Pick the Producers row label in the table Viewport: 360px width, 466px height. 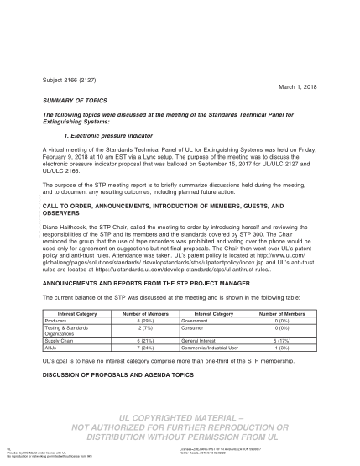coord(57,320)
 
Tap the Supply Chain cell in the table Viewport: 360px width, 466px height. coord(61,339)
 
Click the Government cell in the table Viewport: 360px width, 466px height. coord(197,320)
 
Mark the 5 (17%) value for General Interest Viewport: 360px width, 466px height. coord(284,339)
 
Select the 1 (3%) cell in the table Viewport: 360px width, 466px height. coord(284,346)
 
